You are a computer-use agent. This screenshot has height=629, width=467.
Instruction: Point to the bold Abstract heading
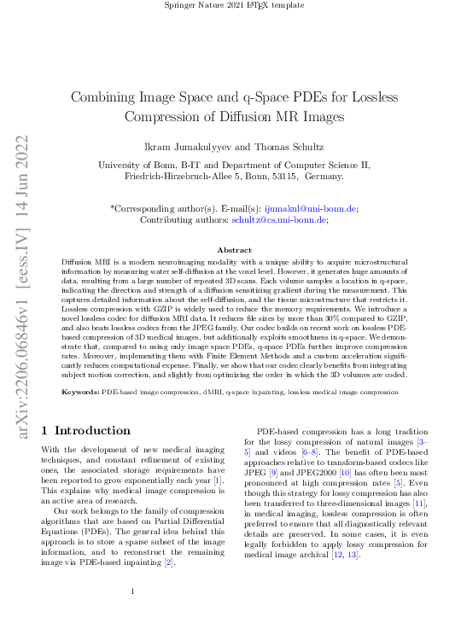[x=234, y=249]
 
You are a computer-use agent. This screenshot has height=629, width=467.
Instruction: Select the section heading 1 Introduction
[x=86, y=431]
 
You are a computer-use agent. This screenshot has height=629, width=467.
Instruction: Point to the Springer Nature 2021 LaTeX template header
[x=233, y=6]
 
